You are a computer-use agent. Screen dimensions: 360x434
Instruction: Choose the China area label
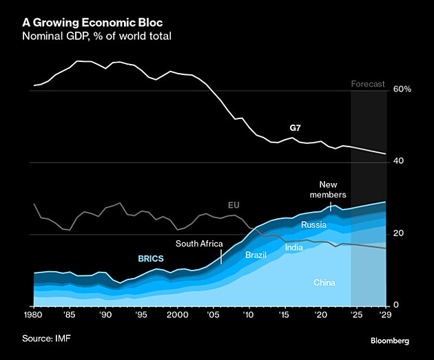pyautogui.click(x=324, y=283)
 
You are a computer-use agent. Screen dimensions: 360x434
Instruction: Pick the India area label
pyautogui.click(x=294, y=247)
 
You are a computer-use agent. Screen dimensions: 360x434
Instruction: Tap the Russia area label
pyautogui.click(x=313, y=225)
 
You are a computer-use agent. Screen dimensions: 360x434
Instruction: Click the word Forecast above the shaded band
pyautogui.click(x=369, y=85)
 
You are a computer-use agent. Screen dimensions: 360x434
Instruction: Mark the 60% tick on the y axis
pyautogui.click(x=402, y=89)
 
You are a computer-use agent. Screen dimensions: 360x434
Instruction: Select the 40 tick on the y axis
pyautogui.click(x=399, y=161)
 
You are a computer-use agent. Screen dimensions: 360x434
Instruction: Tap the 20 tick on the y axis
pyautogui.click(x=398, y=233)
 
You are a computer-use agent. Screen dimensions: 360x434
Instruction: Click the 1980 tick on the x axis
pyautogui.click(x=34, y=315)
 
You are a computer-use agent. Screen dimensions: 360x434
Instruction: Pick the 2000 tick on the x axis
pyautogui.click(x=178, y=315)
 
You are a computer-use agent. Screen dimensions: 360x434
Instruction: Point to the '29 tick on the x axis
pyautogui.click(x=385, y=315)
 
